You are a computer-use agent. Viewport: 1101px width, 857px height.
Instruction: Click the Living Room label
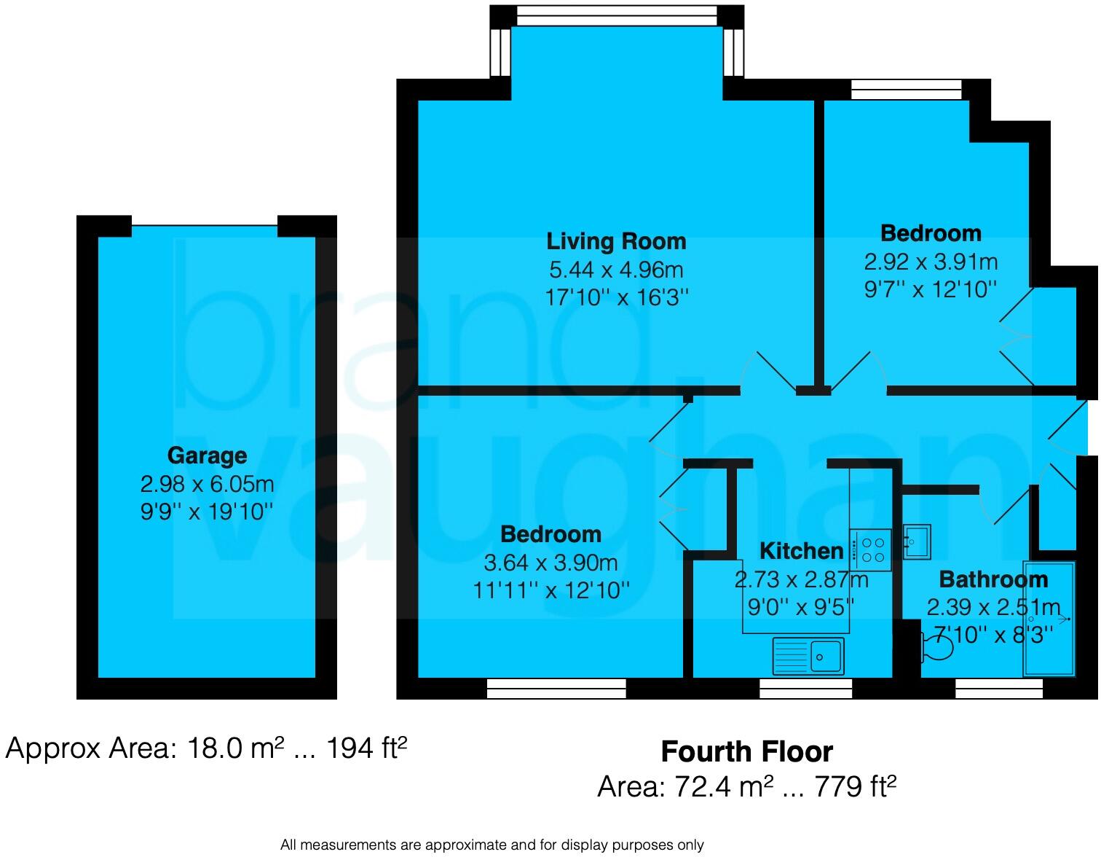pyautogui.click(x=616, y=241)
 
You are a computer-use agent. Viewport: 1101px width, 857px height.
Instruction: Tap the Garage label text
pyautogui.click(x=207, y=455)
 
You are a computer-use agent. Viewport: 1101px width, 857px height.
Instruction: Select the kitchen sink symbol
pyautogui.click(x=808, y=655)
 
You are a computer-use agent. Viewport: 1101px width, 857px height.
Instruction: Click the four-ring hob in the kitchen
pyautogui.click(x=871, y=549)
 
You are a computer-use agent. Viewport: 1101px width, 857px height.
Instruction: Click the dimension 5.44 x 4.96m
pyautogui.click(x=616, y=270)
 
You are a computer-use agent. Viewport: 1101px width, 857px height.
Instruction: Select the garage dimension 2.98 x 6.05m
pyautogui.click(x=207, y=484)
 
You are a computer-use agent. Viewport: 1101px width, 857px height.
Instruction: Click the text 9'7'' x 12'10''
pyautogui.click(x=931, y=289)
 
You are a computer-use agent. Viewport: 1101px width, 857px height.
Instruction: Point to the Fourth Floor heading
pyautogui.click(x=746, y=751)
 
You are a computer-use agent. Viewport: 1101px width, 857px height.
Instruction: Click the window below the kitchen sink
pyautogui.click(x=805, y=688)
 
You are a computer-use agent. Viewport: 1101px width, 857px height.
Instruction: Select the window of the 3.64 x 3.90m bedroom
pyautogui.click(x=556, y=688)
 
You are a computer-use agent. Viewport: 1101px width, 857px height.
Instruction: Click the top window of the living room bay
pyautogui.click(x=616, y=15)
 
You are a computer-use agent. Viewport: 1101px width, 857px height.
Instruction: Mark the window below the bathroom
pyautogui.click(x=998, y=688)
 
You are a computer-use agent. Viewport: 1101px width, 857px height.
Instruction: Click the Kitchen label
pyautogui.click(x=801, y=550)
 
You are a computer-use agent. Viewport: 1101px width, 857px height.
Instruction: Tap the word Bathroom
pyautogui.click(x=993, y=579)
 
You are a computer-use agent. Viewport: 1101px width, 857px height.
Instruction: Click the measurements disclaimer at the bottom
pyautogui.click(x=492, y=845)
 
